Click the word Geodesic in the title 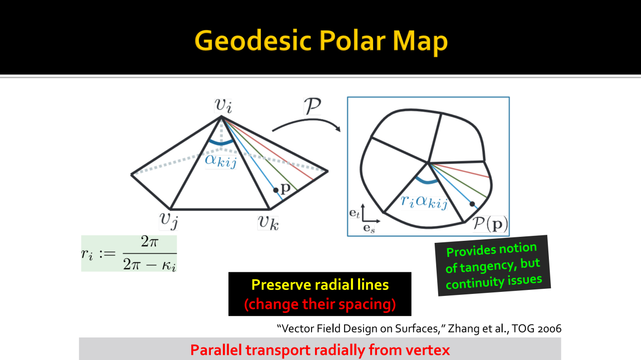(253, 41)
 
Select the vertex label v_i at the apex (223, 105)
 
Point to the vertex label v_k (268, 223)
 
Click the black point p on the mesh (275, 190)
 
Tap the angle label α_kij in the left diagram (221, 161)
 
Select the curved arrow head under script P (338, 129)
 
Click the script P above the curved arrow (312, 106)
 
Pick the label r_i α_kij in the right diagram (424, 202)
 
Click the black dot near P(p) (472, 204)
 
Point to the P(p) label (490, 224)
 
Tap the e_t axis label (354, 213)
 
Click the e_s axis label (369, 228)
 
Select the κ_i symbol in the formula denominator (169, 265)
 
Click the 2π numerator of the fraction (149, 242)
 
